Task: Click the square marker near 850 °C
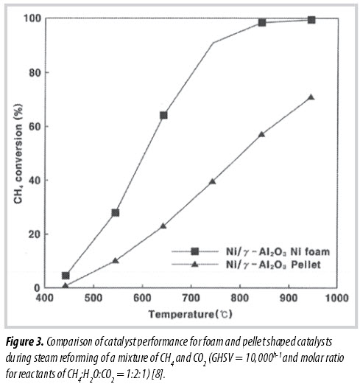pyautogui.click(x=262, y=23)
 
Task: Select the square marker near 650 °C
pyautogui.click(x=163, y=115)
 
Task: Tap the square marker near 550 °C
pyautogui.click(x=116, y=213)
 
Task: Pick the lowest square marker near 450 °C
pyautogui.click(x=66, y=276)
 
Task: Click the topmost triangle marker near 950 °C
pyautogui.click(x=311, y=97)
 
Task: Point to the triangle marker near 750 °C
pyautogui.click(x=213, y=181)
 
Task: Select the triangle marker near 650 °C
pyautogui.click(x=163, y=226)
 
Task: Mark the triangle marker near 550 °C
pyautogui.click(x=116, y=260)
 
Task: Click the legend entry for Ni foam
pyautogui.click(x=250, y=251)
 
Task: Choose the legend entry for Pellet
pyautogui.click(x=246, y=265)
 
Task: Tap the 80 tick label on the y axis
pyautogui.click(x=35, y=73)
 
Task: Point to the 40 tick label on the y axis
pyautogui.click(x=35, y=181)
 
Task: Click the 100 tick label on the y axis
pyautogui.click(x=32, y=18)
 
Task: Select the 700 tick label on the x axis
pyautogui.click(x=191, y=298)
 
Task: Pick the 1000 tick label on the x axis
pyautogui.click(x=337, y=298)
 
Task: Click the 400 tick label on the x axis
pyautogui.click(x=45, y=298)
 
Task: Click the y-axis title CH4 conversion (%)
pyautogui.click(x=18, y=153)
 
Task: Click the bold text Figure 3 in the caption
pyautogui.click(x=25, y=342)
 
